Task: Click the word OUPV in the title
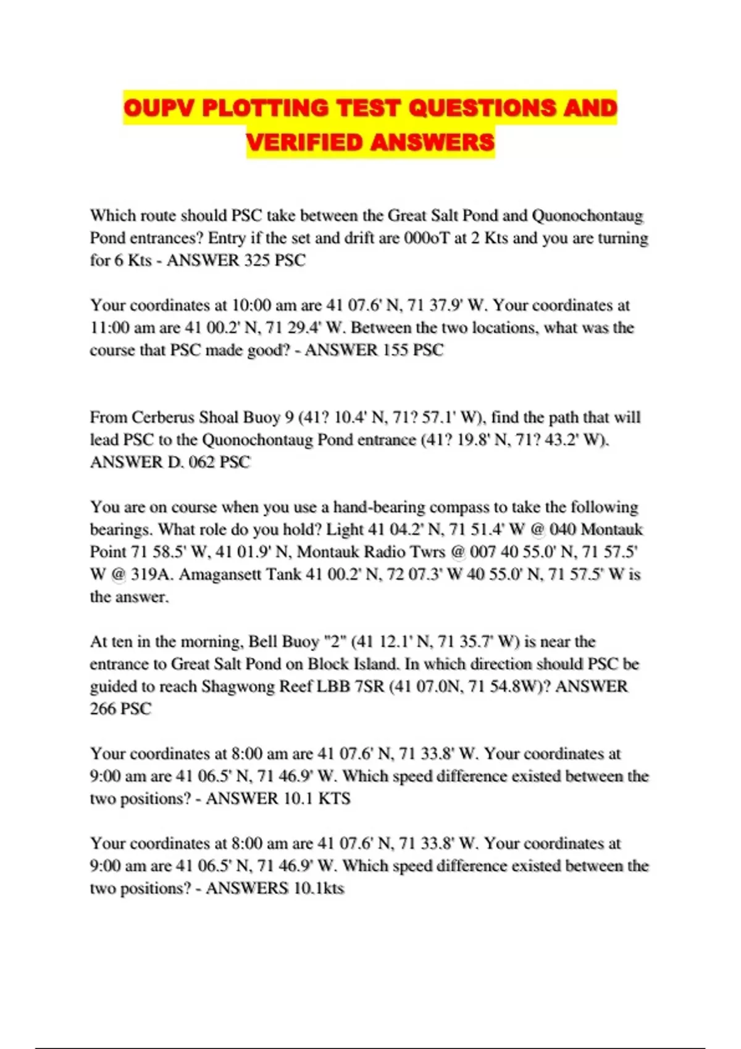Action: (159, 109)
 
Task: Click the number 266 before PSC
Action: (103, 709)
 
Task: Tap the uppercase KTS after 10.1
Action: (334, 798)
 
